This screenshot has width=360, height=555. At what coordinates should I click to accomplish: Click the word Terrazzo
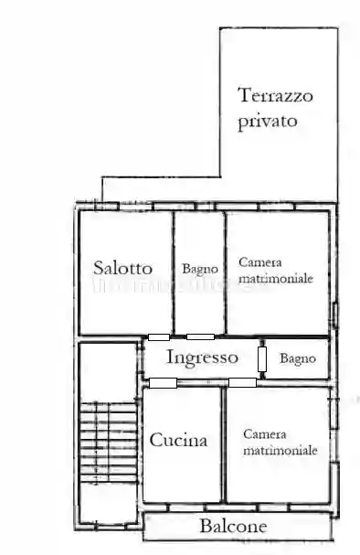coord(275,94)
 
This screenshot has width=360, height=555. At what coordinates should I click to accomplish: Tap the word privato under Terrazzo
coord(268,122)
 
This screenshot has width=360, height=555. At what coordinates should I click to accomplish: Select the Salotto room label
coord(122,268)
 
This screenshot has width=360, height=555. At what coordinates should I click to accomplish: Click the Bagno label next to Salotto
coord(199,269)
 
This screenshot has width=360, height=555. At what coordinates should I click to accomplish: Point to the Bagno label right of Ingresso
coord(298,358)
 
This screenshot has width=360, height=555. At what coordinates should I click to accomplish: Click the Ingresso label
coord(202,358)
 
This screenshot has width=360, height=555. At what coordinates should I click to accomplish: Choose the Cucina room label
coord(178,440)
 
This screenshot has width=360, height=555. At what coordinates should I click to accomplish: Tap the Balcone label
coord(233,526)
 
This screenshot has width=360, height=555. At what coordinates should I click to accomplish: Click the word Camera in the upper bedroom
coord(259,261)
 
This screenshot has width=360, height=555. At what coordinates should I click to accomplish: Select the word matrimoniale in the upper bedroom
coord(276,277)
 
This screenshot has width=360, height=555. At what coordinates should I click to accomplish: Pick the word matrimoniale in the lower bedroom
coord(280,451)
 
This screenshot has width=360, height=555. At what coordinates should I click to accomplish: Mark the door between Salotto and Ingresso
coord(159,337)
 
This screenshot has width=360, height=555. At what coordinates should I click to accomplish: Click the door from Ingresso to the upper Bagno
coord(200,337)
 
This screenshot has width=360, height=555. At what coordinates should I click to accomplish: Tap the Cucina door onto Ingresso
coord(164,381)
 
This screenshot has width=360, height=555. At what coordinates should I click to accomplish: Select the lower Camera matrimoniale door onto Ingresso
coord(241,382)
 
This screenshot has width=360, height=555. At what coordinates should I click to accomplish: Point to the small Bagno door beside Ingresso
coord(262,358)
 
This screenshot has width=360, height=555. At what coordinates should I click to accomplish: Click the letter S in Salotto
coord(99,268)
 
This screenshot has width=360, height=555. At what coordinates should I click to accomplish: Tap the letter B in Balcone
coord(205,526)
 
